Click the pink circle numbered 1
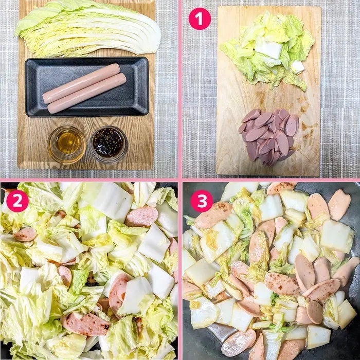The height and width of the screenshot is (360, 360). click(200, 19)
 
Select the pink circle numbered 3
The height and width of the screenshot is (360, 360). click(202, 201)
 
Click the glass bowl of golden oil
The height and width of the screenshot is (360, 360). click(66, 145)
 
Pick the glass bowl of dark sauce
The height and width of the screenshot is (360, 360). click(109, 145)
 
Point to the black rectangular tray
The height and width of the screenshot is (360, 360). click(87, 87)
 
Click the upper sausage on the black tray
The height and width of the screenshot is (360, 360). click(81, 83)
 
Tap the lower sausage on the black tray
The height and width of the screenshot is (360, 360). click(87, 94)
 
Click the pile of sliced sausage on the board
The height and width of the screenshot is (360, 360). click(269, 137)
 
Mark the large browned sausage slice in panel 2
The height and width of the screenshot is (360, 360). click(85, 323)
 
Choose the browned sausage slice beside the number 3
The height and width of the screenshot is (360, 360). click(213, 215)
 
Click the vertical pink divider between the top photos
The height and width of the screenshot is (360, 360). click(180, 89)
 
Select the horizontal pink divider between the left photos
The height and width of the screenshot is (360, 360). click(89, 180)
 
